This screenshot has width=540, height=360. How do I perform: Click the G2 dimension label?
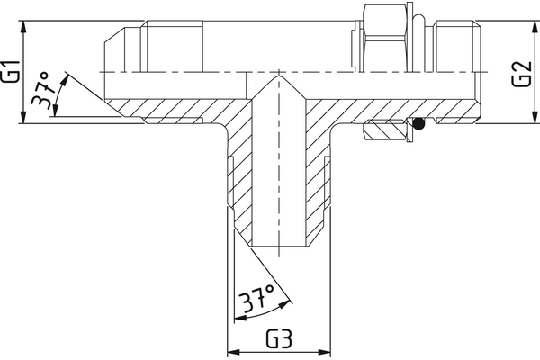519,75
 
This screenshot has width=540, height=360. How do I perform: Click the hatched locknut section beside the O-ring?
386,131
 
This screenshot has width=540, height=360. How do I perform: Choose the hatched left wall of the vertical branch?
239,180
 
